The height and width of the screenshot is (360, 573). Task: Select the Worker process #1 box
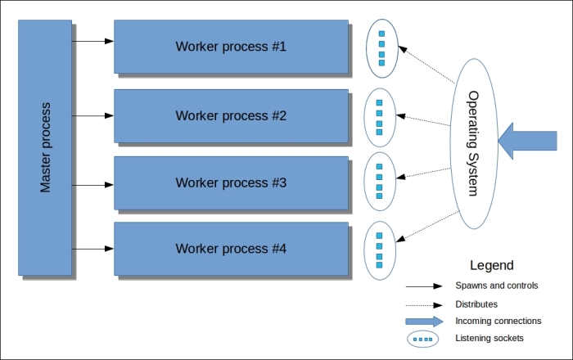coord(231,47)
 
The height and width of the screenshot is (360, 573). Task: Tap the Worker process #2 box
coord(231,115)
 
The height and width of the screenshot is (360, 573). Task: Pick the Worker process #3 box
coord(231,182)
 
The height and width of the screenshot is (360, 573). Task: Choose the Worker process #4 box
coord(231,249)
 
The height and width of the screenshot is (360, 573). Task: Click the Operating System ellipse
coord(472,143)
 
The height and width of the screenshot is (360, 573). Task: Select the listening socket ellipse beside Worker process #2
coord(379,117)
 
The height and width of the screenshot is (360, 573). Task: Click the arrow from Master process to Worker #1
coord(92,40)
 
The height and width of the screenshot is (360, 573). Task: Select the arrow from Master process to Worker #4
coord(92,248)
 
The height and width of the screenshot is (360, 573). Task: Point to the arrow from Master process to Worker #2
coord(92,115)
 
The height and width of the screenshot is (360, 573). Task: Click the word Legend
coord(492,266)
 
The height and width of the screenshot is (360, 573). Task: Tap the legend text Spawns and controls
coord(497,286)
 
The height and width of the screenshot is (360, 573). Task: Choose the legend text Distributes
coord(476,304)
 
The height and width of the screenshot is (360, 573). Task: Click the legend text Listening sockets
coord(490,338)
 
